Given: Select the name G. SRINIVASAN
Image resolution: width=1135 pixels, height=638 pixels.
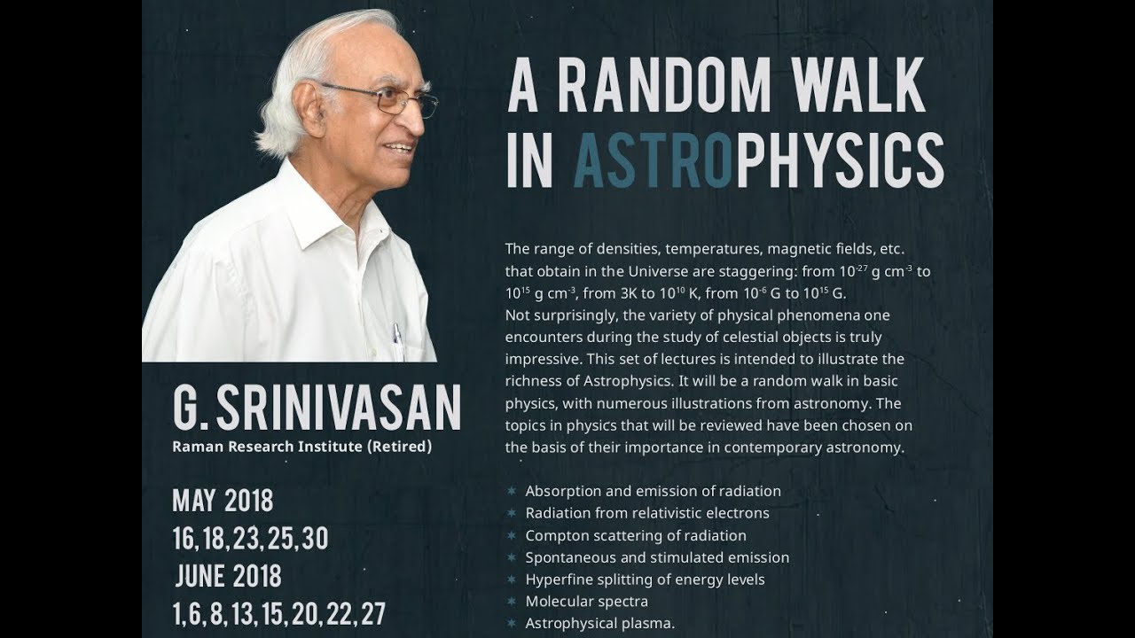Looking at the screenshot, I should point(317,408).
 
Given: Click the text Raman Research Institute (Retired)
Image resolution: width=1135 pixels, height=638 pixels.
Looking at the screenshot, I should point(301,447).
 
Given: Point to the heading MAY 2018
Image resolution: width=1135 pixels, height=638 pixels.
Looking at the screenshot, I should point(223,501).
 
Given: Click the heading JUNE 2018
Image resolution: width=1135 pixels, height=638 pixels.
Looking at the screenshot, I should point(228,576).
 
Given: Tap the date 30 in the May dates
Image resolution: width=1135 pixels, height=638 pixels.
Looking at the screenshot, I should point(315,539).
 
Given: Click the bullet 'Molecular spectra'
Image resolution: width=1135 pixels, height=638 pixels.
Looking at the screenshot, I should point(586,602).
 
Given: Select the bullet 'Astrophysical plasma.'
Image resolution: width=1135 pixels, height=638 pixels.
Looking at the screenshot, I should point(599,624).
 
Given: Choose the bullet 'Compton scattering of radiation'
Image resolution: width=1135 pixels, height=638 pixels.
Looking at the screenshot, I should point(635,535).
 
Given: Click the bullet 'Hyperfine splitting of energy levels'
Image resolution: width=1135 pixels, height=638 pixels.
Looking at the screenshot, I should point(645,580).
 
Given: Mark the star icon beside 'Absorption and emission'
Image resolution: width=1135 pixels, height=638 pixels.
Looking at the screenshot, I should point(511,491).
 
